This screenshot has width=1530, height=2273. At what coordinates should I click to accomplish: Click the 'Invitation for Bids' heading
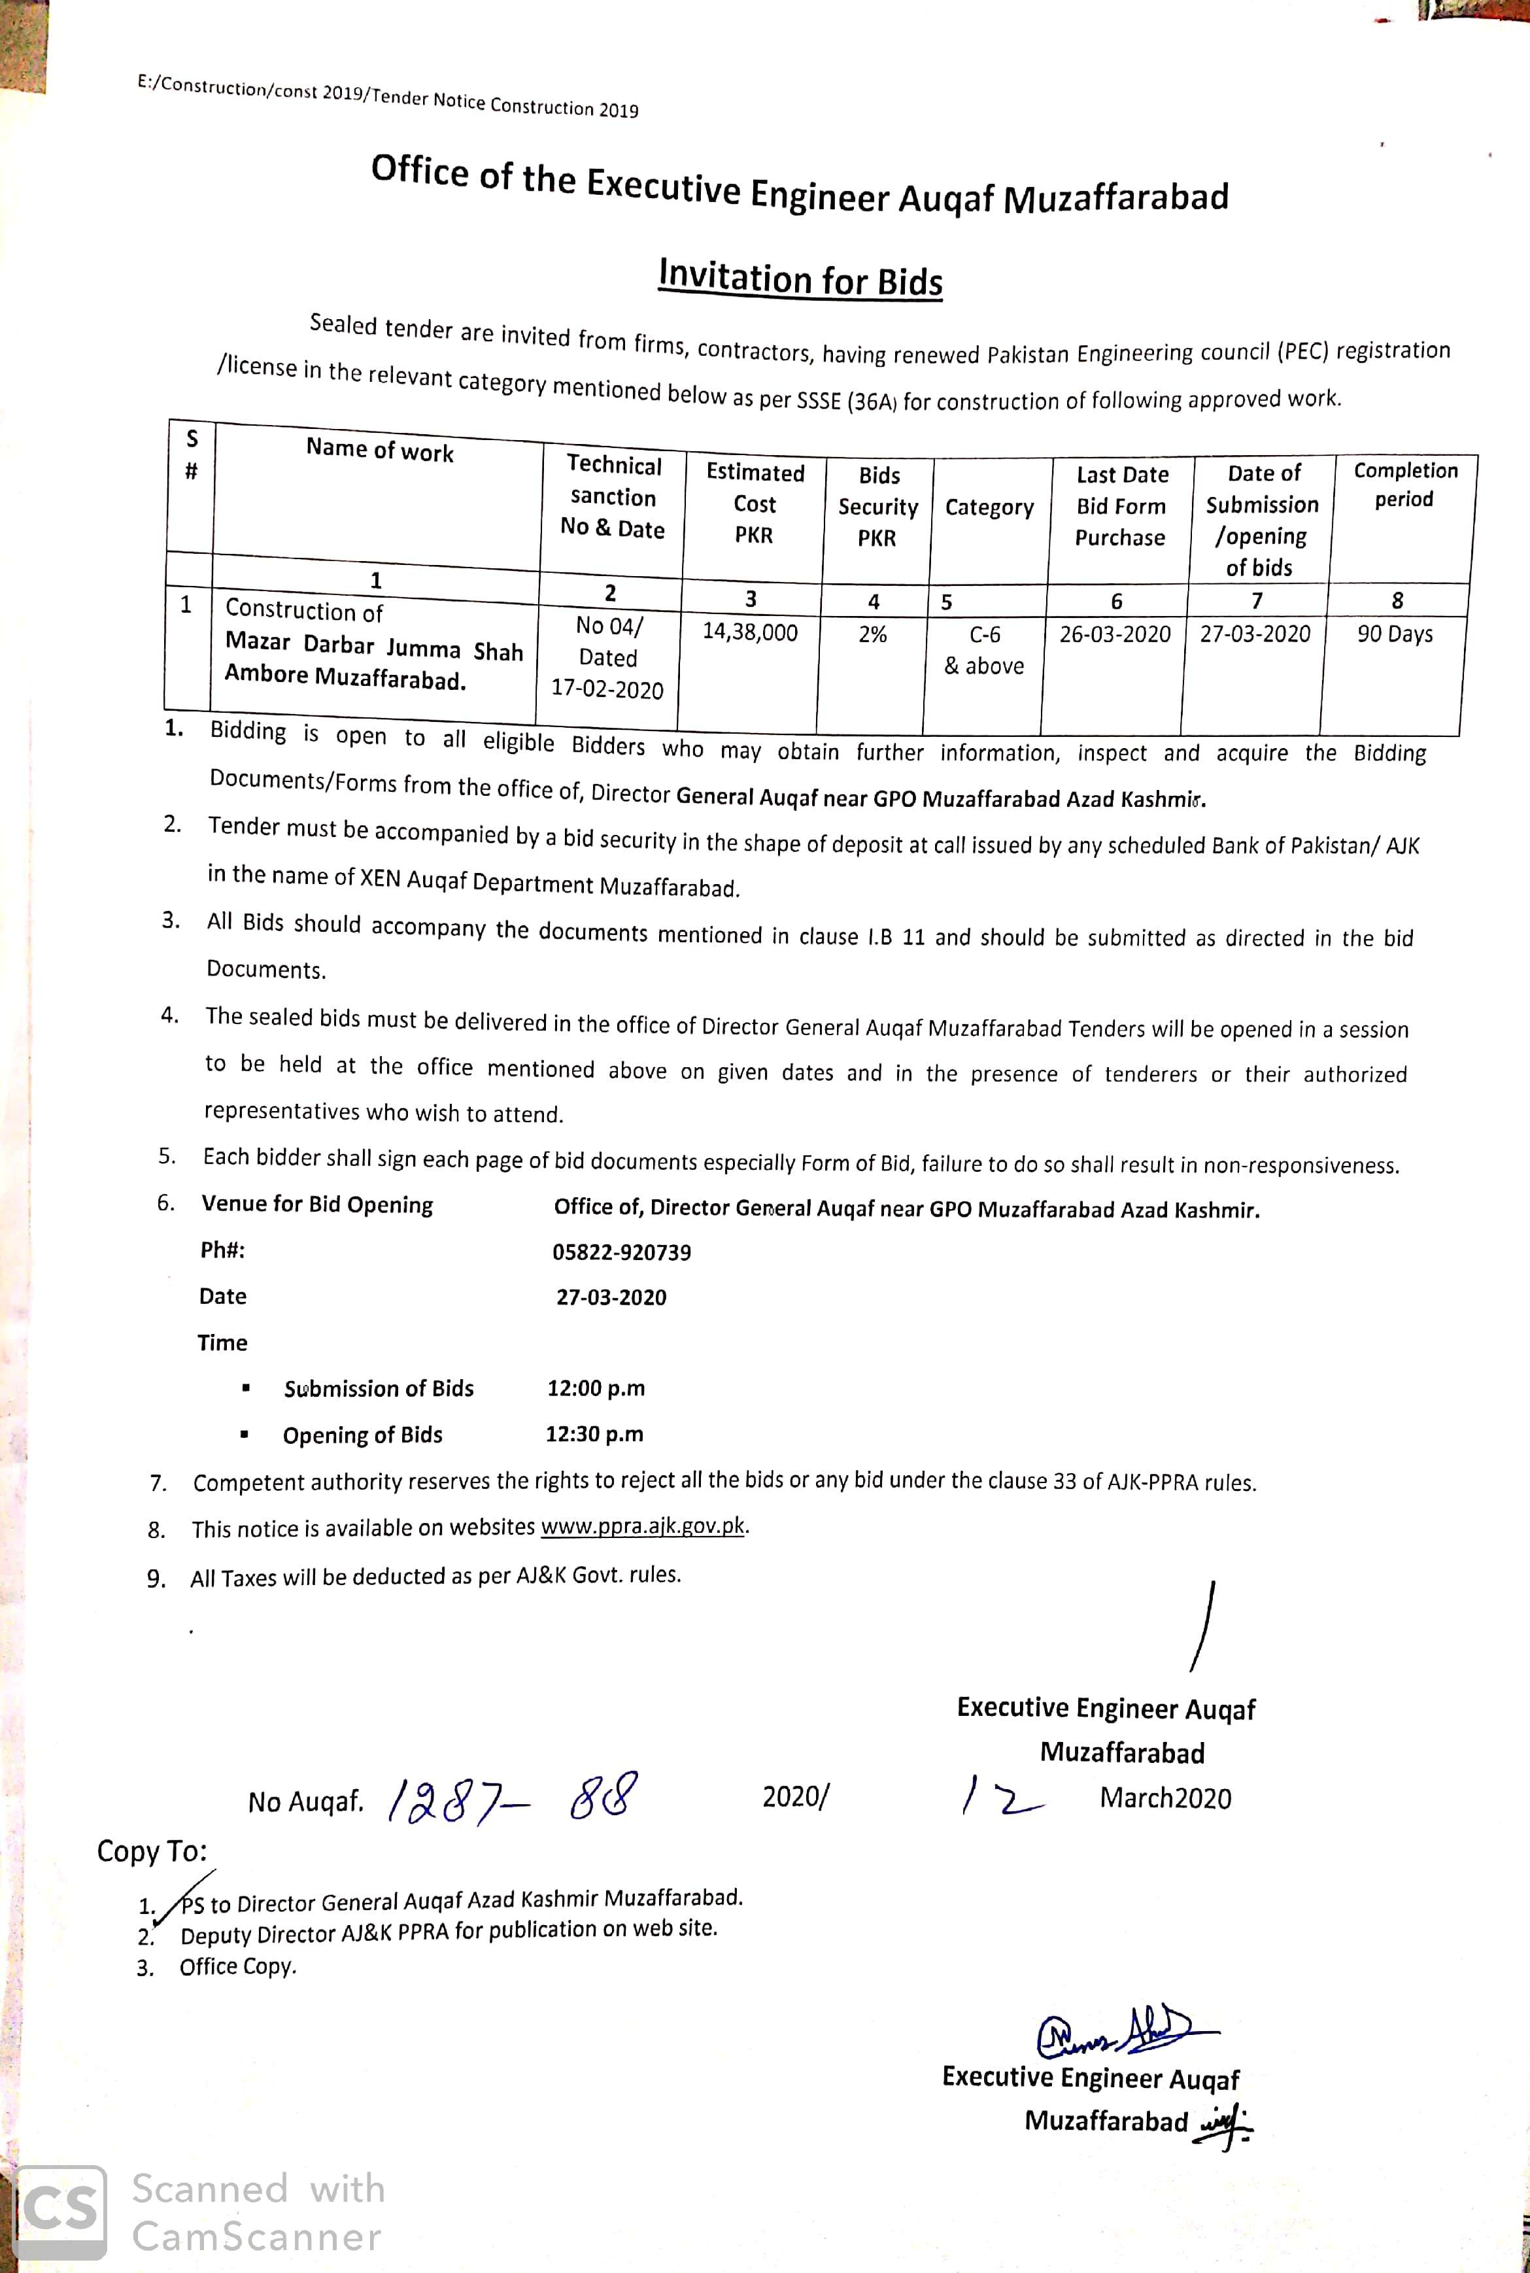tap(800, 277)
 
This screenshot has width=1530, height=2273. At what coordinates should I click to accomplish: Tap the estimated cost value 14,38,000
tap(749, 632)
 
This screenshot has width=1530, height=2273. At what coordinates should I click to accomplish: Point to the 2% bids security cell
tap(872, 634)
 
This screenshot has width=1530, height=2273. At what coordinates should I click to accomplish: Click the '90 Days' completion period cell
tap(1395, 634)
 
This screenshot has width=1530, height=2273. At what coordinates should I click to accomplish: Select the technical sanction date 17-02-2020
tap(607, 689)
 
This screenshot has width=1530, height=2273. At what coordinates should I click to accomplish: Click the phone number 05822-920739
tap(622, 1252)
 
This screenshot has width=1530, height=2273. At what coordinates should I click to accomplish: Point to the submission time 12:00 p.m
tap(595, 1388)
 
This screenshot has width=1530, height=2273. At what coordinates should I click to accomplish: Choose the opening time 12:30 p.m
tap(594, 1433)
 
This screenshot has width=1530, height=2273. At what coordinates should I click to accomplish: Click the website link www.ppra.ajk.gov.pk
tap(643, 1526)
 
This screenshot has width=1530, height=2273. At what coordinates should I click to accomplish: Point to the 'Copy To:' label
tap(152, 1851)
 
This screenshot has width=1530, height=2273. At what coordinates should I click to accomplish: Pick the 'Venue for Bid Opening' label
tap(317, 1205)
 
